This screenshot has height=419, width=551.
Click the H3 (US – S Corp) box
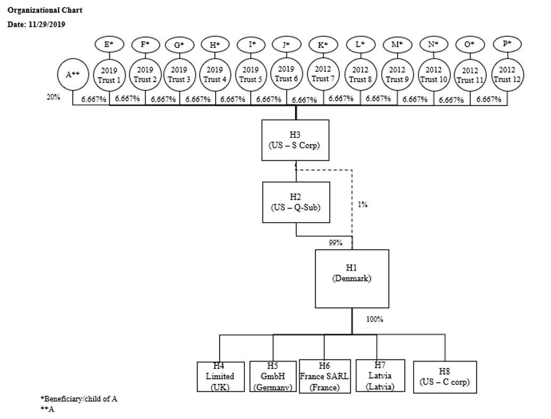click(x=295, y=139)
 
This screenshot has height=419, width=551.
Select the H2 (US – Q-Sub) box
click(x=296, y=202)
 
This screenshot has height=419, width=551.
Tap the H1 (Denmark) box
click(x=351, y=278)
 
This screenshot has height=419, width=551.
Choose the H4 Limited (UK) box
click(x=220, y=376)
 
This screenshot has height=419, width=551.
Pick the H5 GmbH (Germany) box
click(x=273, y=376)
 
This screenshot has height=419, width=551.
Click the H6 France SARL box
click(x=324, y=376)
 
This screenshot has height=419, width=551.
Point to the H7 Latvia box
click(x=380, y=376)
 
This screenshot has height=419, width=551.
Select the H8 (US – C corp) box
click(x=445, y=376)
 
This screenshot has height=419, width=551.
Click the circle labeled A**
click(x=72, y=75)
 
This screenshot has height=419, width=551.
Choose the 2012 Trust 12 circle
click(x=507, y=75)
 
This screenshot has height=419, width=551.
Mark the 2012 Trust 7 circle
click(x=323, y=75)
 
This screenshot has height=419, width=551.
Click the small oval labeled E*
click(x=108, y=45)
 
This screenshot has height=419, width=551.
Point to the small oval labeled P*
click(x=507, y=44)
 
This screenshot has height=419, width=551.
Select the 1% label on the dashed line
click(x=363, y=204)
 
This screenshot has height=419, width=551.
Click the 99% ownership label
click(x=335, y=243)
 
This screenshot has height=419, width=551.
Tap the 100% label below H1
click(x=375, y=319)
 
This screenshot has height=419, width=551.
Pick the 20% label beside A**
click(x=53, y=97)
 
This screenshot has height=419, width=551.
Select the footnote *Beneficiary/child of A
click(x=79, y=399)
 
